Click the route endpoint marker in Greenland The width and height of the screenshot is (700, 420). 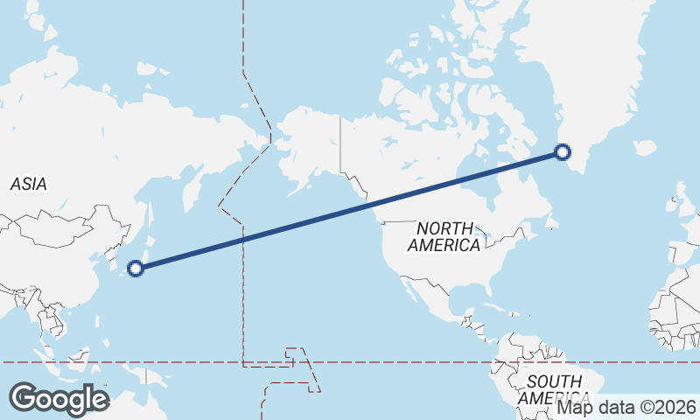(563, 152)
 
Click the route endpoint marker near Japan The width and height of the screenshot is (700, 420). (136, 268)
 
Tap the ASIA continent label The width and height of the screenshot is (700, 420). (28, 184)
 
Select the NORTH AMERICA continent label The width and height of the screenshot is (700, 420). (444, 237)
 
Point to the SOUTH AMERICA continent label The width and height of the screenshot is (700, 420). (553, 390)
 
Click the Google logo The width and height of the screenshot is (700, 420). (59, 399)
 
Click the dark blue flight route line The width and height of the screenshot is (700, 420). (350, 210)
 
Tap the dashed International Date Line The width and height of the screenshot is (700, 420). (242, 289)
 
